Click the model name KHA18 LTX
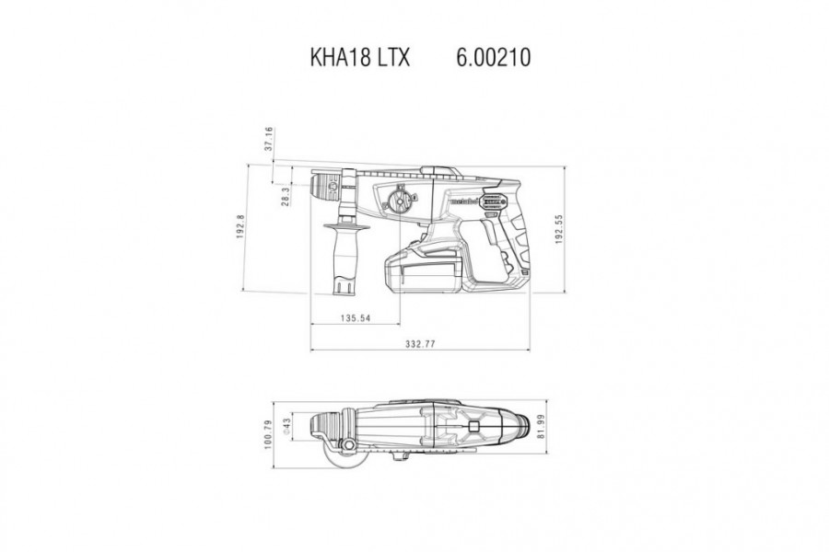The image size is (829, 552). [x=359, y=57]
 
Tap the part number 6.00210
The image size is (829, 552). [x=494, y=57]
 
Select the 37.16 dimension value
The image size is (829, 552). [x=269, y=138]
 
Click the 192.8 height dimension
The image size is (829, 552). [x=240, y=226]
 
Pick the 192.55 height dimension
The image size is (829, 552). [x=558, y=229]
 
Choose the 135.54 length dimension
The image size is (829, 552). [x=356, y=318]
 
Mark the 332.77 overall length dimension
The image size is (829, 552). [x=420, y=344]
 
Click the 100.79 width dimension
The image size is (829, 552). [x=268, y=434]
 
